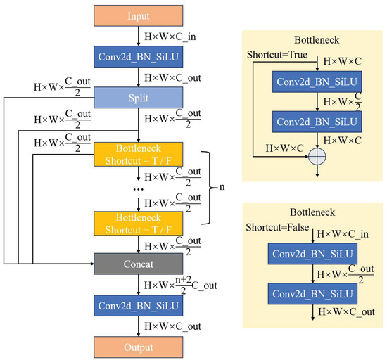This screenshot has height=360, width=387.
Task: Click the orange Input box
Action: (x=139, y=15)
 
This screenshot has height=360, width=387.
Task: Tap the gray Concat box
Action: (x=139, y=264)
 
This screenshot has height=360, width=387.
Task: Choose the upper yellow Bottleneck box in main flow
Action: (x=139, y=155)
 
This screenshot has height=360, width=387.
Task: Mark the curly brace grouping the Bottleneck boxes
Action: (x=207, y=188)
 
